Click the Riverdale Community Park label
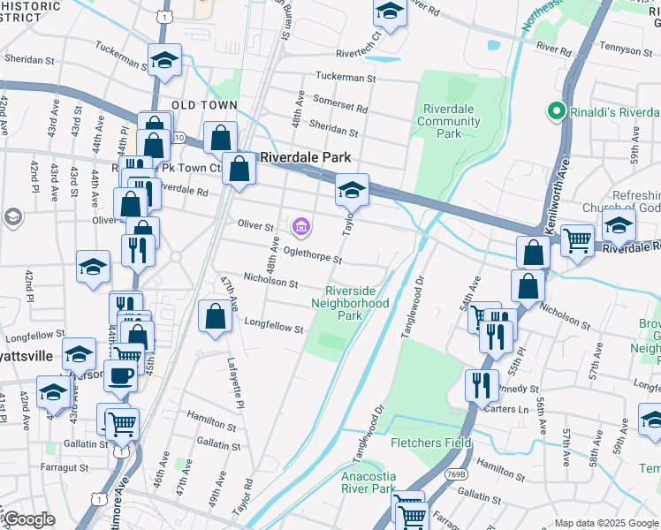(x=449, y=121)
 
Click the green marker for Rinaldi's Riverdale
(x=556, y=112)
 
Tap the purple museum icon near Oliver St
(x=301, y=229)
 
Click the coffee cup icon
(x=120, y=375)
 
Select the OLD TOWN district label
(x=205, y=105)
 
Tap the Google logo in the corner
(x=30, y=519)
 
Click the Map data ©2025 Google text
(x=607, y=523)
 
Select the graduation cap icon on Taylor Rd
(x=351, y=189)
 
